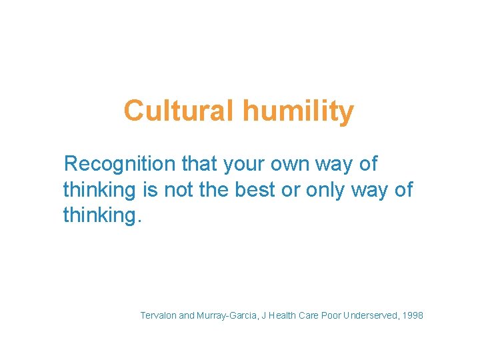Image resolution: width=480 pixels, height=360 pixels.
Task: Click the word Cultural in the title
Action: pyautogui.click(x=178, y=111)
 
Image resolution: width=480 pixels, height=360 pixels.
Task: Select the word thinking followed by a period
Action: pyautogui.click(x=103, y=215)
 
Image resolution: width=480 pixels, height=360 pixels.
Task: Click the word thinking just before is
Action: pyautogui.click(x=99, y=189)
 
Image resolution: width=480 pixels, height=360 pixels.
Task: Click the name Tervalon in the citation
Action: pyautogui.click(x=158, y=315)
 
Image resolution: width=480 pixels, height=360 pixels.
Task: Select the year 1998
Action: pyautogui.click(x=412, y=315)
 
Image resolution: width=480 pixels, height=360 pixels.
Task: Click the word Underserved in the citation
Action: pyautogui.click(x=369, y=315)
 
